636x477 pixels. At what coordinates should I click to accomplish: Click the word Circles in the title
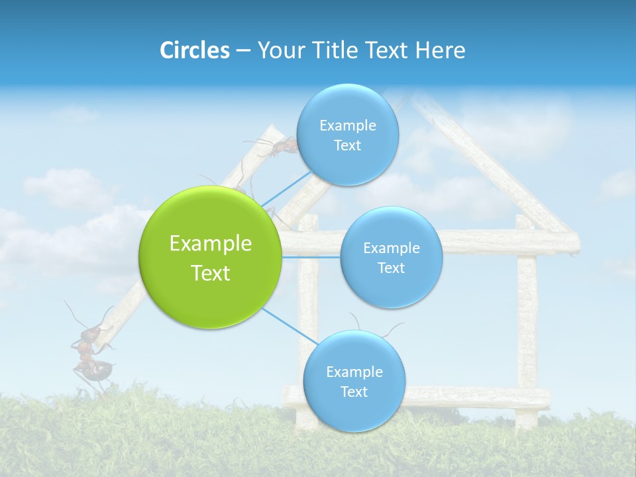[194, 50]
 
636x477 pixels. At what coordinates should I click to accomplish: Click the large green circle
[211, 257]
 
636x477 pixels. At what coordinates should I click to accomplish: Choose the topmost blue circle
[347, 135]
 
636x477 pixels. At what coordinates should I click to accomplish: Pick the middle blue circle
[391, 258]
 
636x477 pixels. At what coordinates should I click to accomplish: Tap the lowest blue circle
[354, 382]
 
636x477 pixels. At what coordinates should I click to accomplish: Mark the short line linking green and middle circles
[311, 256]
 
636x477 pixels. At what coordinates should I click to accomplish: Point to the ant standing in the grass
[89, 351]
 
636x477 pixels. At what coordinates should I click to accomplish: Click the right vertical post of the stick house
[527, 325]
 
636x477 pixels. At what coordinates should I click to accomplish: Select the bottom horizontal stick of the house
[477, 397]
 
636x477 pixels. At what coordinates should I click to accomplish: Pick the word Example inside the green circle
[211, 243]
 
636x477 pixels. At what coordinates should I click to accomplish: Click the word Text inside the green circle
[211, 272]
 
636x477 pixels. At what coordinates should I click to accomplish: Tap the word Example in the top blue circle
[347, 126]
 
